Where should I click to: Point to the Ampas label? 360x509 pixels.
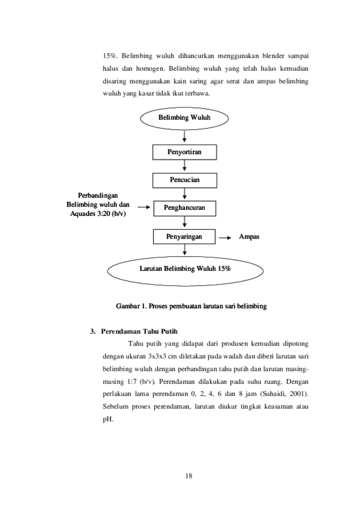click(249, 237)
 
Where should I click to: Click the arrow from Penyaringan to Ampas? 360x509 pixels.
click(225, 238)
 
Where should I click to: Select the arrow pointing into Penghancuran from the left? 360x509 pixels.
click(144, 207)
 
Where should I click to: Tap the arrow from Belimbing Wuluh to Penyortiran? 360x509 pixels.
click(184, 136)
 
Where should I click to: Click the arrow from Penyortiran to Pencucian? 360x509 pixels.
click(184, 166)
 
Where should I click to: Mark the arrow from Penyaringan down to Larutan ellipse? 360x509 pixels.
click(184, 250)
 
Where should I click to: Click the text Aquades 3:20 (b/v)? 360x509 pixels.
click(98, 214)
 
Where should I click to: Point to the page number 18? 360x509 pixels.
click(189, 476)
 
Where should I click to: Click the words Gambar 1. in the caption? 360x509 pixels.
click(131, 306)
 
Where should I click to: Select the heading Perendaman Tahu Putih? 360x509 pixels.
click(139, 331)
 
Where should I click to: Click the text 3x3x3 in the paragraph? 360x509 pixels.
click(157, 356)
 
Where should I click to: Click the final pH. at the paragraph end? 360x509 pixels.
click(108, 419)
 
